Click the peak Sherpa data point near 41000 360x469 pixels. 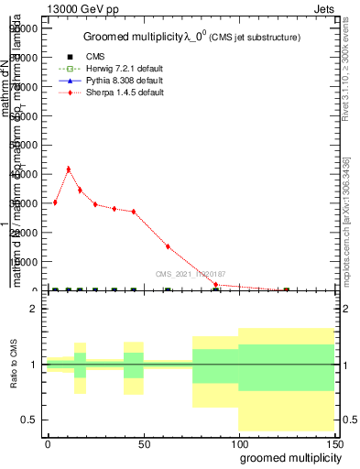(68, 169)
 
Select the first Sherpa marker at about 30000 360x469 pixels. (55, 202)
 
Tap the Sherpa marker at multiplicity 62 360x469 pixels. (168, 246)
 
